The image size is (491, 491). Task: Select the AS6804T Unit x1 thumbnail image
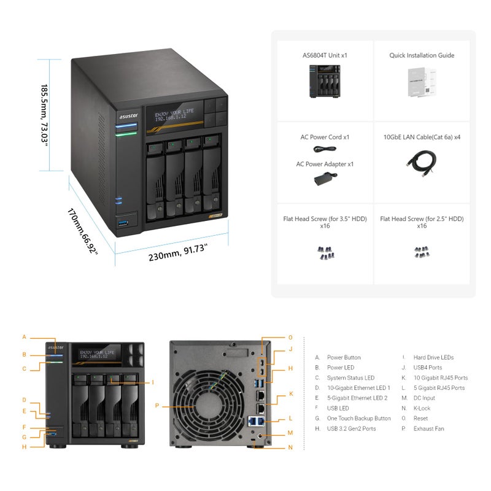(325, 82)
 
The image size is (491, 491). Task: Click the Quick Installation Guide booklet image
(422, 82)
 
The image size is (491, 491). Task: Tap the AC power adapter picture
(325, 179)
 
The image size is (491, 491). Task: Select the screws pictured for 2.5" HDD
(422, 252)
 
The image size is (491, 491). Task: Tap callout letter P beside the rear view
(157, 405)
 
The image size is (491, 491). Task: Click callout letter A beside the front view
(25, 337)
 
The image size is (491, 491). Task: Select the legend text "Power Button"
(344, 357)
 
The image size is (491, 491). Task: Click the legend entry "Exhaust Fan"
(428, 428)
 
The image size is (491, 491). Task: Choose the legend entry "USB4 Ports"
(427, 368)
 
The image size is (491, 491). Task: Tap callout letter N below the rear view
(291, 447)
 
